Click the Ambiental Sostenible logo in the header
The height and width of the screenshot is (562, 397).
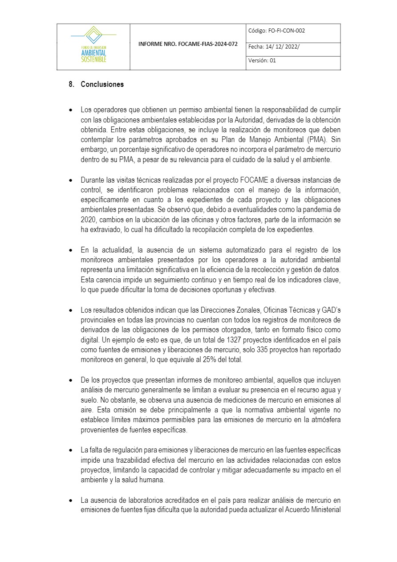pos(93,46)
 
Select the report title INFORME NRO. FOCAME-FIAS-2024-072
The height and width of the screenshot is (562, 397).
pos(188,45)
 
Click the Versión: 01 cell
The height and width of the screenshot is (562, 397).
pos(262,61)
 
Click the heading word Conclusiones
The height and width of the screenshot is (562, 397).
pos(102,84)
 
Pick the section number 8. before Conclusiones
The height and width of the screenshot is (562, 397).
pos(71,84)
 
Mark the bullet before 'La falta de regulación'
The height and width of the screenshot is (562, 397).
pos(70,450)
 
